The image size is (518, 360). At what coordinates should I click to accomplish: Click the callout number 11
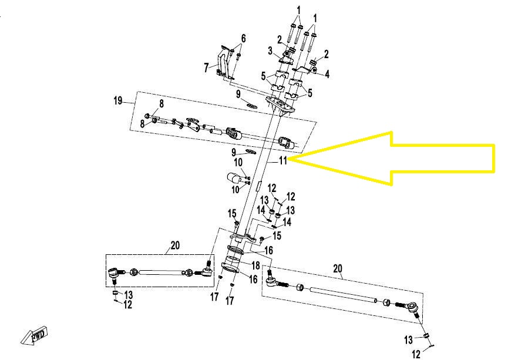283,160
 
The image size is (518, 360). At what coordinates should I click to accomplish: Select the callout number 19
118,100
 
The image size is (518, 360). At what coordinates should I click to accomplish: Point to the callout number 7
206,68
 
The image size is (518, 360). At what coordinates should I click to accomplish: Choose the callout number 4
327,74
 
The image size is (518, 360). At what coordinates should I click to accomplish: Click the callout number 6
243,39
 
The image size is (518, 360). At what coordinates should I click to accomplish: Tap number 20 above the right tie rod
337,269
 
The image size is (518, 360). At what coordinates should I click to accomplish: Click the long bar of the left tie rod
160,272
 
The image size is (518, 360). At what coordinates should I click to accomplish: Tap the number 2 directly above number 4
326,54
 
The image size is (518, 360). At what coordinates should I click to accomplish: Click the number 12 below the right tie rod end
416,354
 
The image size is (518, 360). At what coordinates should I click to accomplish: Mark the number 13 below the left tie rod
128,294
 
